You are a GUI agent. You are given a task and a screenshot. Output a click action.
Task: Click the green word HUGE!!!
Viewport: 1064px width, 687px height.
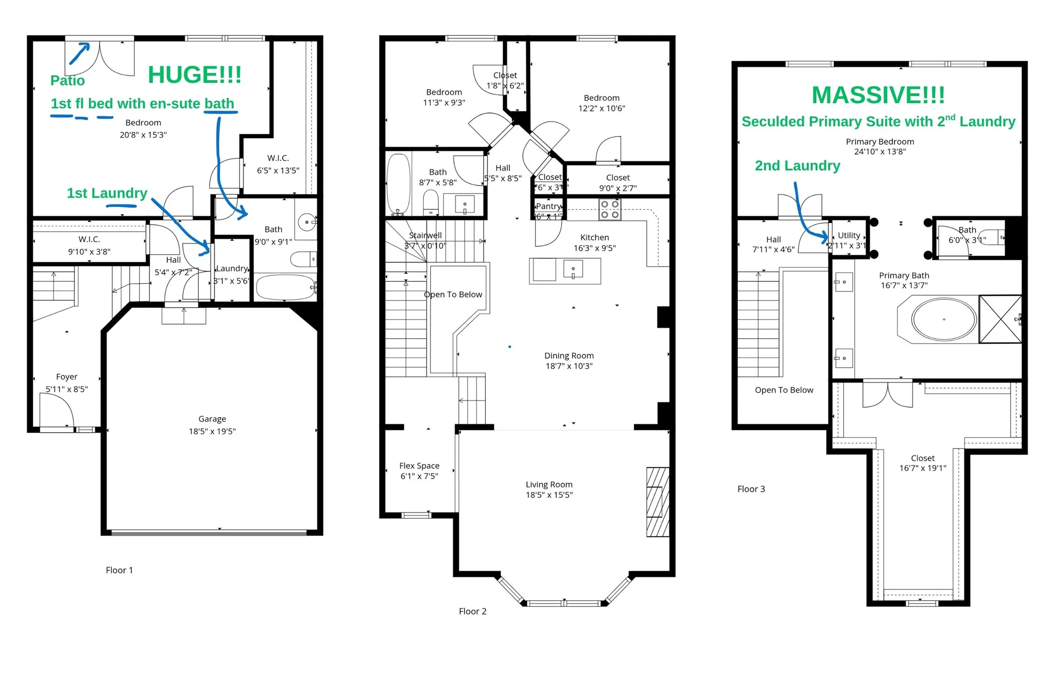[x=194, y=75]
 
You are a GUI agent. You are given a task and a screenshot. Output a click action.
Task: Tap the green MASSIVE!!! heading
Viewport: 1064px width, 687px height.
[x=878, y=95]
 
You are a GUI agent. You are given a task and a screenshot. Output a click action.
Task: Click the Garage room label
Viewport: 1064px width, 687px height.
[x=212, y=419]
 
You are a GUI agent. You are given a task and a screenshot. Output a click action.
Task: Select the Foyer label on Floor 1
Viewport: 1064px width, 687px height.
[x=67, y=377]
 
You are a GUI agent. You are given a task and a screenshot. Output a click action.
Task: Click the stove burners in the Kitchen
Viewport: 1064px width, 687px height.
[x=610, y=209]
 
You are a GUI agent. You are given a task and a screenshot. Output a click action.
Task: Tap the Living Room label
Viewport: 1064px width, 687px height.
[x=549, y=484]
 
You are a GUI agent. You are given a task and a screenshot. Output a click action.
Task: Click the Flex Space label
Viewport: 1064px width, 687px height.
[x=419, y=466]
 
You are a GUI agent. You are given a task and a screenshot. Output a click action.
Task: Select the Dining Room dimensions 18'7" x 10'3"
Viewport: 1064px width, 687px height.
[x=569, y=366]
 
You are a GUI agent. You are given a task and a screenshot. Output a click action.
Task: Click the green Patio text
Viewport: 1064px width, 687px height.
[x=68, y=81]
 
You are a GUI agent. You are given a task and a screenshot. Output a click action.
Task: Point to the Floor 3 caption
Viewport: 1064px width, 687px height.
[x=751, y=489]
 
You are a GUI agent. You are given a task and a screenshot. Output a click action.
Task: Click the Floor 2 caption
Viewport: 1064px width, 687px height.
[x=472, y=611]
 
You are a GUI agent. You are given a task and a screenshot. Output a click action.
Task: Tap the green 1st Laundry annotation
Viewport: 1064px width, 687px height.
[x=107, y=193]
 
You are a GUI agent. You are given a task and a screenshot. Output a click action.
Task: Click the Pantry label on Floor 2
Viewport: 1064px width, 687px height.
[x=548, y=206]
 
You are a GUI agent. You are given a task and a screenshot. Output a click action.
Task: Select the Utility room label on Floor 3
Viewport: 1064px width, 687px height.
[x=848, y=235]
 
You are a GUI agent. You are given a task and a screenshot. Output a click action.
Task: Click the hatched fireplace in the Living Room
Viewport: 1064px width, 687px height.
[x=657, y=502]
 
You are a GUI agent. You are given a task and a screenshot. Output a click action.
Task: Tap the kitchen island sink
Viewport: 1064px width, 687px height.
[x=573, y=269]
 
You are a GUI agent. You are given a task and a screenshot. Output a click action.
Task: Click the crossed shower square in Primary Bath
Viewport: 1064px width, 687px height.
[x=1000, y=319]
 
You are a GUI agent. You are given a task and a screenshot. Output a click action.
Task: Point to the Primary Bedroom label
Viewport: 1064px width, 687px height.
[x=880, y=142]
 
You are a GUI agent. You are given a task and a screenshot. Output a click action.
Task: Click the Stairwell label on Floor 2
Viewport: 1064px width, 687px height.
[x=425, y=235]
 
